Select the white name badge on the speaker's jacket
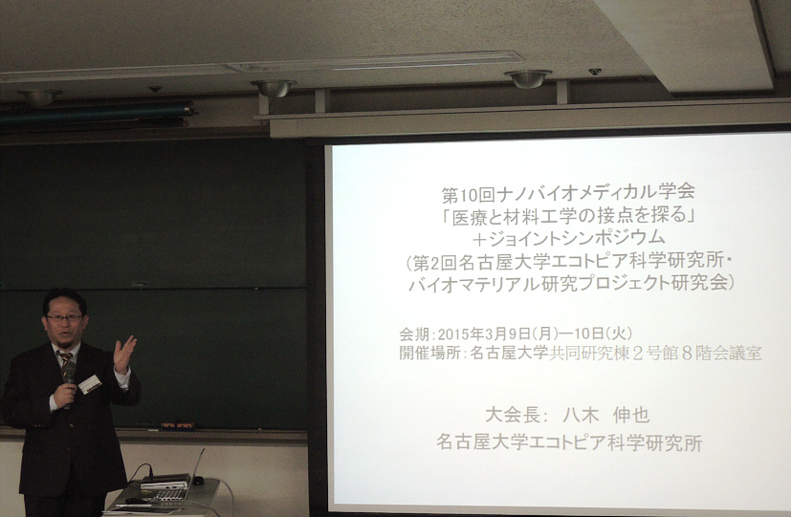(x=90, y=384)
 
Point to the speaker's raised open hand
(x=124, y=354)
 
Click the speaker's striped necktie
(x=65, y=361)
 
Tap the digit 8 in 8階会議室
(x=687, y=354)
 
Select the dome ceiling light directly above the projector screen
(x=528, y=78)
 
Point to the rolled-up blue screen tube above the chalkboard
(x=97, y=113)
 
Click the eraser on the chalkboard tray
(x=178, y=426)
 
